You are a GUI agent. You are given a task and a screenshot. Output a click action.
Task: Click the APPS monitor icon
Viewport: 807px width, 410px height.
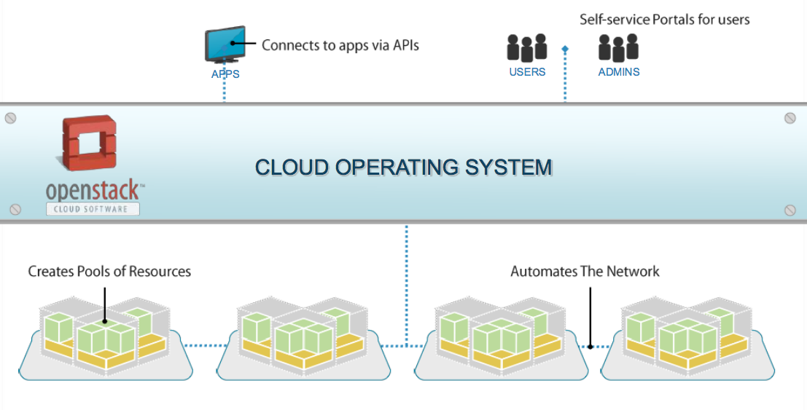tap(225, 45)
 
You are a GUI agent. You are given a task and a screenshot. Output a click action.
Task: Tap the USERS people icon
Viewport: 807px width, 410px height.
tap(527, 48)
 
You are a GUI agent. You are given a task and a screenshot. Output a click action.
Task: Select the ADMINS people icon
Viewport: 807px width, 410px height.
tap(618, 48)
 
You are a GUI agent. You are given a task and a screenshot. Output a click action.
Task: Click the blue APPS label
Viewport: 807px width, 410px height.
tap(225, 74)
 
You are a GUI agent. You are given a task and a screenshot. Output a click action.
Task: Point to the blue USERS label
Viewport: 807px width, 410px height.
tap(527, 72)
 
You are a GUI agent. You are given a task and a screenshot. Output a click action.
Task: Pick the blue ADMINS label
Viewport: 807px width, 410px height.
tap(619, 72)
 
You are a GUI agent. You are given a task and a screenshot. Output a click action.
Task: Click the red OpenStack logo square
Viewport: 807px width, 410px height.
tap(90, 144)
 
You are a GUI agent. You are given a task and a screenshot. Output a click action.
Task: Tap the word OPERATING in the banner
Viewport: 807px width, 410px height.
tap(398, 167)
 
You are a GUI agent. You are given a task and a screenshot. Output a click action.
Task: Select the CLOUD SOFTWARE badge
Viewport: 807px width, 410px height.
tap(93, 209)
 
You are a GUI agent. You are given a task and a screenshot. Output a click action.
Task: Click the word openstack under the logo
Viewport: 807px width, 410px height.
tap(93, 190)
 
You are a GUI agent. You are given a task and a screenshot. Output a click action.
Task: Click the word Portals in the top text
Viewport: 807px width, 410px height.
tap(662, 20)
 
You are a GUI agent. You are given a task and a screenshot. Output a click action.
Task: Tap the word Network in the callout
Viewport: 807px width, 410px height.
tap(634, 272)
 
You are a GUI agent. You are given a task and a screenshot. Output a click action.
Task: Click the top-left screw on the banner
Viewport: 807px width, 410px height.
tap(11, 118)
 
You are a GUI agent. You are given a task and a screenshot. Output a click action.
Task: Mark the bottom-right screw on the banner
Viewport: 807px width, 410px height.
tap(790, 210)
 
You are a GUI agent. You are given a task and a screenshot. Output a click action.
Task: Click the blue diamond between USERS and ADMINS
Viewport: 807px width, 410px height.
tap(565, 50)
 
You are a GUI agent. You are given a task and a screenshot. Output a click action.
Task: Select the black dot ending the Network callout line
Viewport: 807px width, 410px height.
tap(590, 346)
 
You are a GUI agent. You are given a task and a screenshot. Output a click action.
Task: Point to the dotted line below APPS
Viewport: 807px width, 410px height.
tap(225, 91)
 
